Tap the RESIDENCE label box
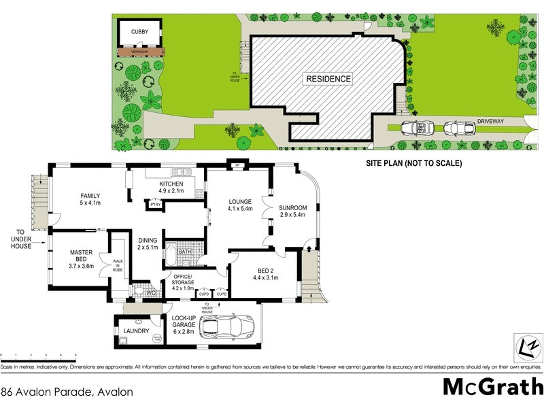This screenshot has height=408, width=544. click(328, 79)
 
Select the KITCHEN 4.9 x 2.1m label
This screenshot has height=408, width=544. click(172, 188)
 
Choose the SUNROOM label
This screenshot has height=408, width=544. click(294, 211)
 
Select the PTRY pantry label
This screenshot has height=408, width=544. click(156, 204)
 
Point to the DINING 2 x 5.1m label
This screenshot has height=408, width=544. click(148, 243)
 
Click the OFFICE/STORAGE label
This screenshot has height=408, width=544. click(179, 282)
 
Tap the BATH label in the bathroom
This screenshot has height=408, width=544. click(184, 252)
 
